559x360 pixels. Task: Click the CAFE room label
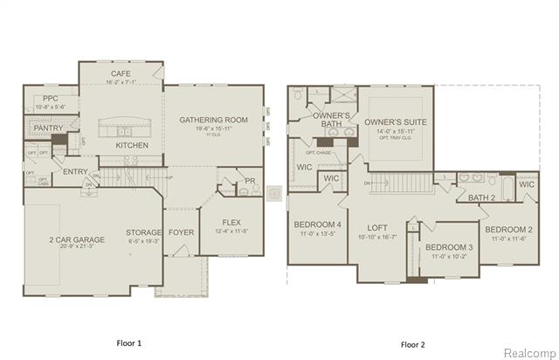121,74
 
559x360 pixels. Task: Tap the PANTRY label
49,128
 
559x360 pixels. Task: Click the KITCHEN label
132,145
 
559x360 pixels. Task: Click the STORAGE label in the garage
142,232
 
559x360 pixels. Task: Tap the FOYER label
181,232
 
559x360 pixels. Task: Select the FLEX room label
231,222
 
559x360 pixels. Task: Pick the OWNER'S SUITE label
396,121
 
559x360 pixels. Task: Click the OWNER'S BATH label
332,120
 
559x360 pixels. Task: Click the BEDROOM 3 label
449,248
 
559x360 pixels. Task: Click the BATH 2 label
480,198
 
